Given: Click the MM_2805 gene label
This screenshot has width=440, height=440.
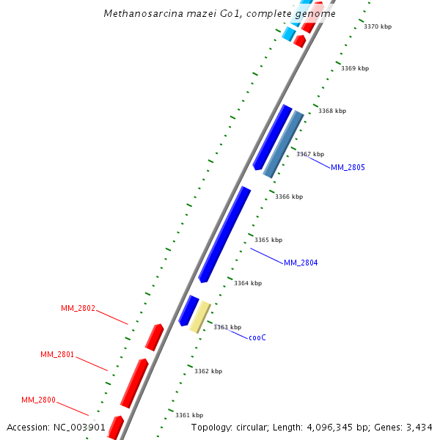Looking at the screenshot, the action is click(348, 168).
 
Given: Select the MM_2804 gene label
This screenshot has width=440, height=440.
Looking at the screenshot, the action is click(301, 263).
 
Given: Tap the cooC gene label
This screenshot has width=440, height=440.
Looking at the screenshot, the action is click(257, 338).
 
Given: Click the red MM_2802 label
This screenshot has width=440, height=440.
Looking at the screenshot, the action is click(78, 309).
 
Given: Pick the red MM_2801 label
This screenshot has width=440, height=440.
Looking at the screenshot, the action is click(57, 355).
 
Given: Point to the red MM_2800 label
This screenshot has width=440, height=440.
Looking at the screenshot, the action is click(38, 400).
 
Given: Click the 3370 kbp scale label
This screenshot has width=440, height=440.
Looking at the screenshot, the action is click(378, 27).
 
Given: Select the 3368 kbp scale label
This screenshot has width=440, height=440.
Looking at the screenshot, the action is click(332, 111).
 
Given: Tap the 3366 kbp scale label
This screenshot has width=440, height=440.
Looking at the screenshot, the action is click(289, 197).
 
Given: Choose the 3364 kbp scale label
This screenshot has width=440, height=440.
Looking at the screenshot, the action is click(248, 283).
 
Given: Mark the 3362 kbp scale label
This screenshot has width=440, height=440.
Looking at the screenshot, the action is click(208, 372).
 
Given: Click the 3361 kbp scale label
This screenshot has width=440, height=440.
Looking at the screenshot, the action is click(189, 416).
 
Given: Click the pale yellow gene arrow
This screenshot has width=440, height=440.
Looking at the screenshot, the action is click(200, 317).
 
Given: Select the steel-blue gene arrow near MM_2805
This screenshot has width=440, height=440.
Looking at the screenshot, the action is click(283, 144).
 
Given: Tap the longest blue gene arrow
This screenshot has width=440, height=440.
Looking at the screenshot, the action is click(224, 235).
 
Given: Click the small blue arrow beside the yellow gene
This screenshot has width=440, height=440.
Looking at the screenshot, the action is click(188, 311).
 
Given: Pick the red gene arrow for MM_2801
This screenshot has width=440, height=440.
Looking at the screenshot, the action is click(134, 383).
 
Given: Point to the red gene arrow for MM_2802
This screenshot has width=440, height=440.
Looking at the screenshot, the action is click(154, 337).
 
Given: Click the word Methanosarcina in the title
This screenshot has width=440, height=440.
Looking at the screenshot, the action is click(138, 14).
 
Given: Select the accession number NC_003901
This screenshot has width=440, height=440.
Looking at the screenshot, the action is click(80, 427).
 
